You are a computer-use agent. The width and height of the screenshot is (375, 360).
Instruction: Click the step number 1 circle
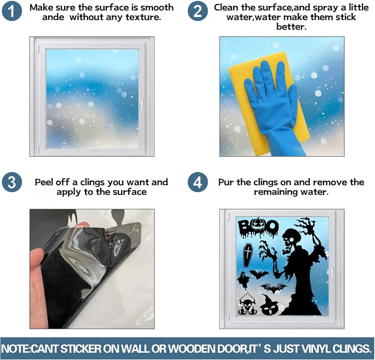[12, 11]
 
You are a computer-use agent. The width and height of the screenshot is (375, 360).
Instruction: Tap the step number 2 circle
[198, 11]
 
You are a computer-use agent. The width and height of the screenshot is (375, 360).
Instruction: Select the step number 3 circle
[12, 182]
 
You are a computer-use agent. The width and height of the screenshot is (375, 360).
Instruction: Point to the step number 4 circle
[198, 182]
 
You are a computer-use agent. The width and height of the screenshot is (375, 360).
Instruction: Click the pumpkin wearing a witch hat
[268, 305]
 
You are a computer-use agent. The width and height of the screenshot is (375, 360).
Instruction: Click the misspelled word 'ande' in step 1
[53, 17]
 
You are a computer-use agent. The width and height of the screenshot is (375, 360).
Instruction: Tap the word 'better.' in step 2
[291, 27]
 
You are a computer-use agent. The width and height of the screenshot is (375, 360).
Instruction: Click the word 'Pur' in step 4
[226, 182]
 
